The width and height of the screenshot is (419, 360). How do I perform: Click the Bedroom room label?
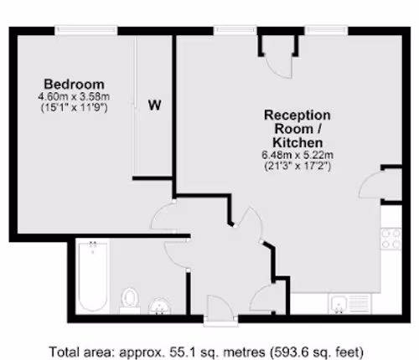75,85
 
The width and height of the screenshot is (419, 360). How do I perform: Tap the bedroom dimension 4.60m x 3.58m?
74,96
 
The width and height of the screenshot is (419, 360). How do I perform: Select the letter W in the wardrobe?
154,105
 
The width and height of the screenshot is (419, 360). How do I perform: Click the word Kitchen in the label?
297,142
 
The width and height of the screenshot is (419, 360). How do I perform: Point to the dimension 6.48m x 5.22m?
297,155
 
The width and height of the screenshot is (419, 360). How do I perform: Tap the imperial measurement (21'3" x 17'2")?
297,166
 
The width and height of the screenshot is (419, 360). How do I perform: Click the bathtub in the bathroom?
93,277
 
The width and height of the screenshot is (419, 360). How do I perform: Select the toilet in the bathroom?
130,300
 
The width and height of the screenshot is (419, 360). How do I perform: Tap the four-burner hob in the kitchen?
391,239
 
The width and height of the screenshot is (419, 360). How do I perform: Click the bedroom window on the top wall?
86,30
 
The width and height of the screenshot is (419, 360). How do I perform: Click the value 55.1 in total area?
179,352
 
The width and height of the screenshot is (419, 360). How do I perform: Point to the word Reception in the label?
297,115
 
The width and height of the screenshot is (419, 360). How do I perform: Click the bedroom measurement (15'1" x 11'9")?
74,107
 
